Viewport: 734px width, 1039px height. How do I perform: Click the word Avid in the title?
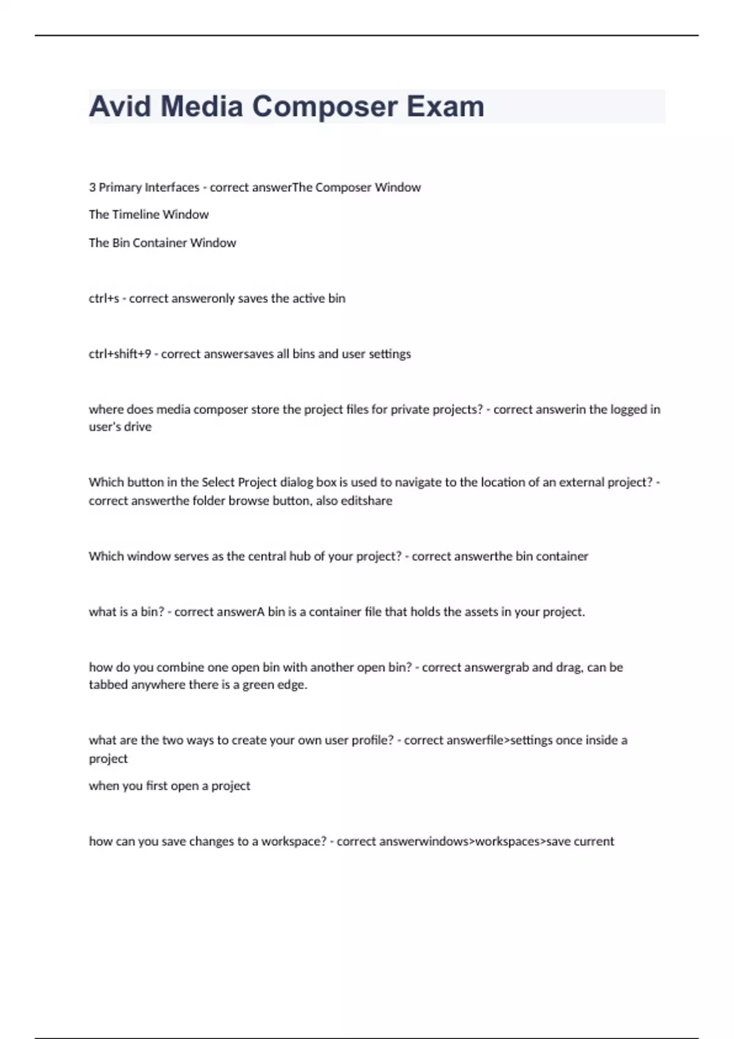pos(120,106)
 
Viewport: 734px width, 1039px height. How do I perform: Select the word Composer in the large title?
pos(325,106)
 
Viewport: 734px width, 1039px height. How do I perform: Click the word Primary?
pos(120,187)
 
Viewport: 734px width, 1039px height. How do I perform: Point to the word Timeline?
pos(136,215)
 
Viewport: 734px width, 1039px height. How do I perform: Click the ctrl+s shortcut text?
pos(104,298)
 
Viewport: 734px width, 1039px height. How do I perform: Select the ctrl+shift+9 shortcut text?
pos(120,354)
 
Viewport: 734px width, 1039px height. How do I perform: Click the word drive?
pos(138,427)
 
